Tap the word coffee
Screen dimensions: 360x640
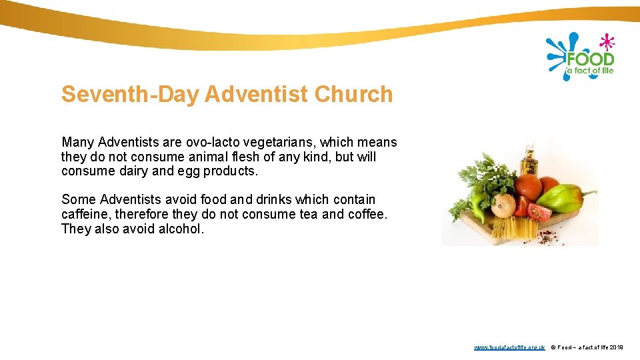click(366, 214)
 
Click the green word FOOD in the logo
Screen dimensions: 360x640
click(590, 59)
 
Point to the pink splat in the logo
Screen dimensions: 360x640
click(606, 41)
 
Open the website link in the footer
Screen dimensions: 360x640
click(509, 347)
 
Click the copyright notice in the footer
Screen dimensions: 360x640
click(587, 347)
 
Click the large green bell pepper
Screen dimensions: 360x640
click(559, 197)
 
